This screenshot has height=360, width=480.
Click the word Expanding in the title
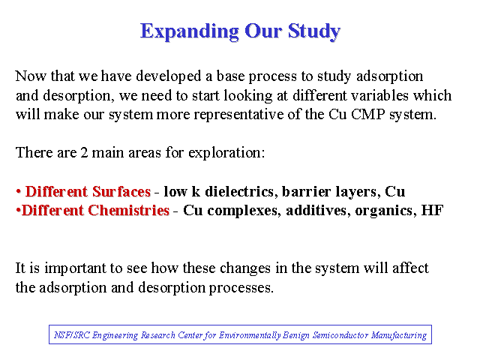(x=190, y=31)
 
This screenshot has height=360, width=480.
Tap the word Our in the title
(x=263, y=31)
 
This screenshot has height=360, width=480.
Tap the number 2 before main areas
(x=84, y=152)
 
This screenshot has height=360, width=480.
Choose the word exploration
(x=226, y=153)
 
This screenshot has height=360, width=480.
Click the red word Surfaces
(x=121, y=192)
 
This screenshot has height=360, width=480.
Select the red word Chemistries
(x=128, y=210)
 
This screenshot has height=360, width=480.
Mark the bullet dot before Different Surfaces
(x=19, y=192)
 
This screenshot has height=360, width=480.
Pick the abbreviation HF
(x=432, y=210)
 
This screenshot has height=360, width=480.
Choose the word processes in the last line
(x=241, y=288)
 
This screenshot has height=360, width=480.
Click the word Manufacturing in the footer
(x=399, y=335)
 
